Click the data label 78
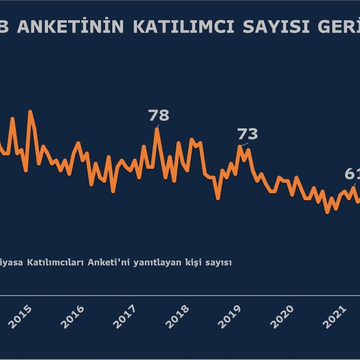(159, 115)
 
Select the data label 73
(247, 134)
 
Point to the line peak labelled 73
(240, 146)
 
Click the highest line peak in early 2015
(30, 111)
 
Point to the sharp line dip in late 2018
(218, 197)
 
